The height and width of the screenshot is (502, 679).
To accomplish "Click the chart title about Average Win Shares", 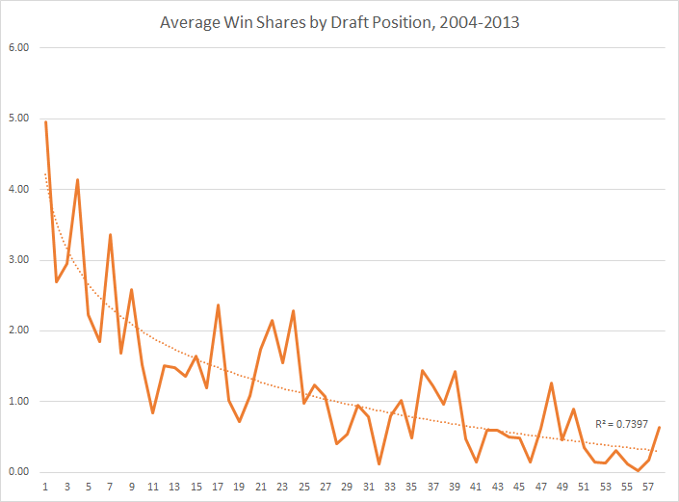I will coord(340,22).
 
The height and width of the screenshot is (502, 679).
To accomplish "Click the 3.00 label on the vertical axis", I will coord(19,260).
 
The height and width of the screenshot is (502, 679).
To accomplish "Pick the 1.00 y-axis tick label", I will coord(19,402).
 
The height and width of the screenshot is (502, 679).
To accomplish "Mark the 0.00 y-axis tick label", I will coord(19,472).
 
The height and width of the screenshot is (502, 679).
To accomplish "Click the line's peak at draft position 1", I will coord(46,122).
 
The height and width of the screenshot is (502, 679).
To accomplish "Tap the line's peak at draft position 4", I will coord(78,180).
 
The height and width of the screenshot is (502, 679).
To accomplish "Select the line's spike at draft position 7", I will coord(111,235).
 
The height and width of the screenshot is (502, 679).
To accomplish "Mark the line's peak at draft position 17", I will coord(219,305).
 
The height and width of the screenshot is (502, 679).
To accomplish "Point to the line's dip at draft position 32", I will coord(379,463).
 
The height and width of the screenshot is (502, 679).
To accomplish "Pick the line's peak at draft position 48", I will coord(552,383).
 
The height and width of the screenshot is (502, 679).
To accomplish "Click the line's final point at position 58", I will coord(659,427).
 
